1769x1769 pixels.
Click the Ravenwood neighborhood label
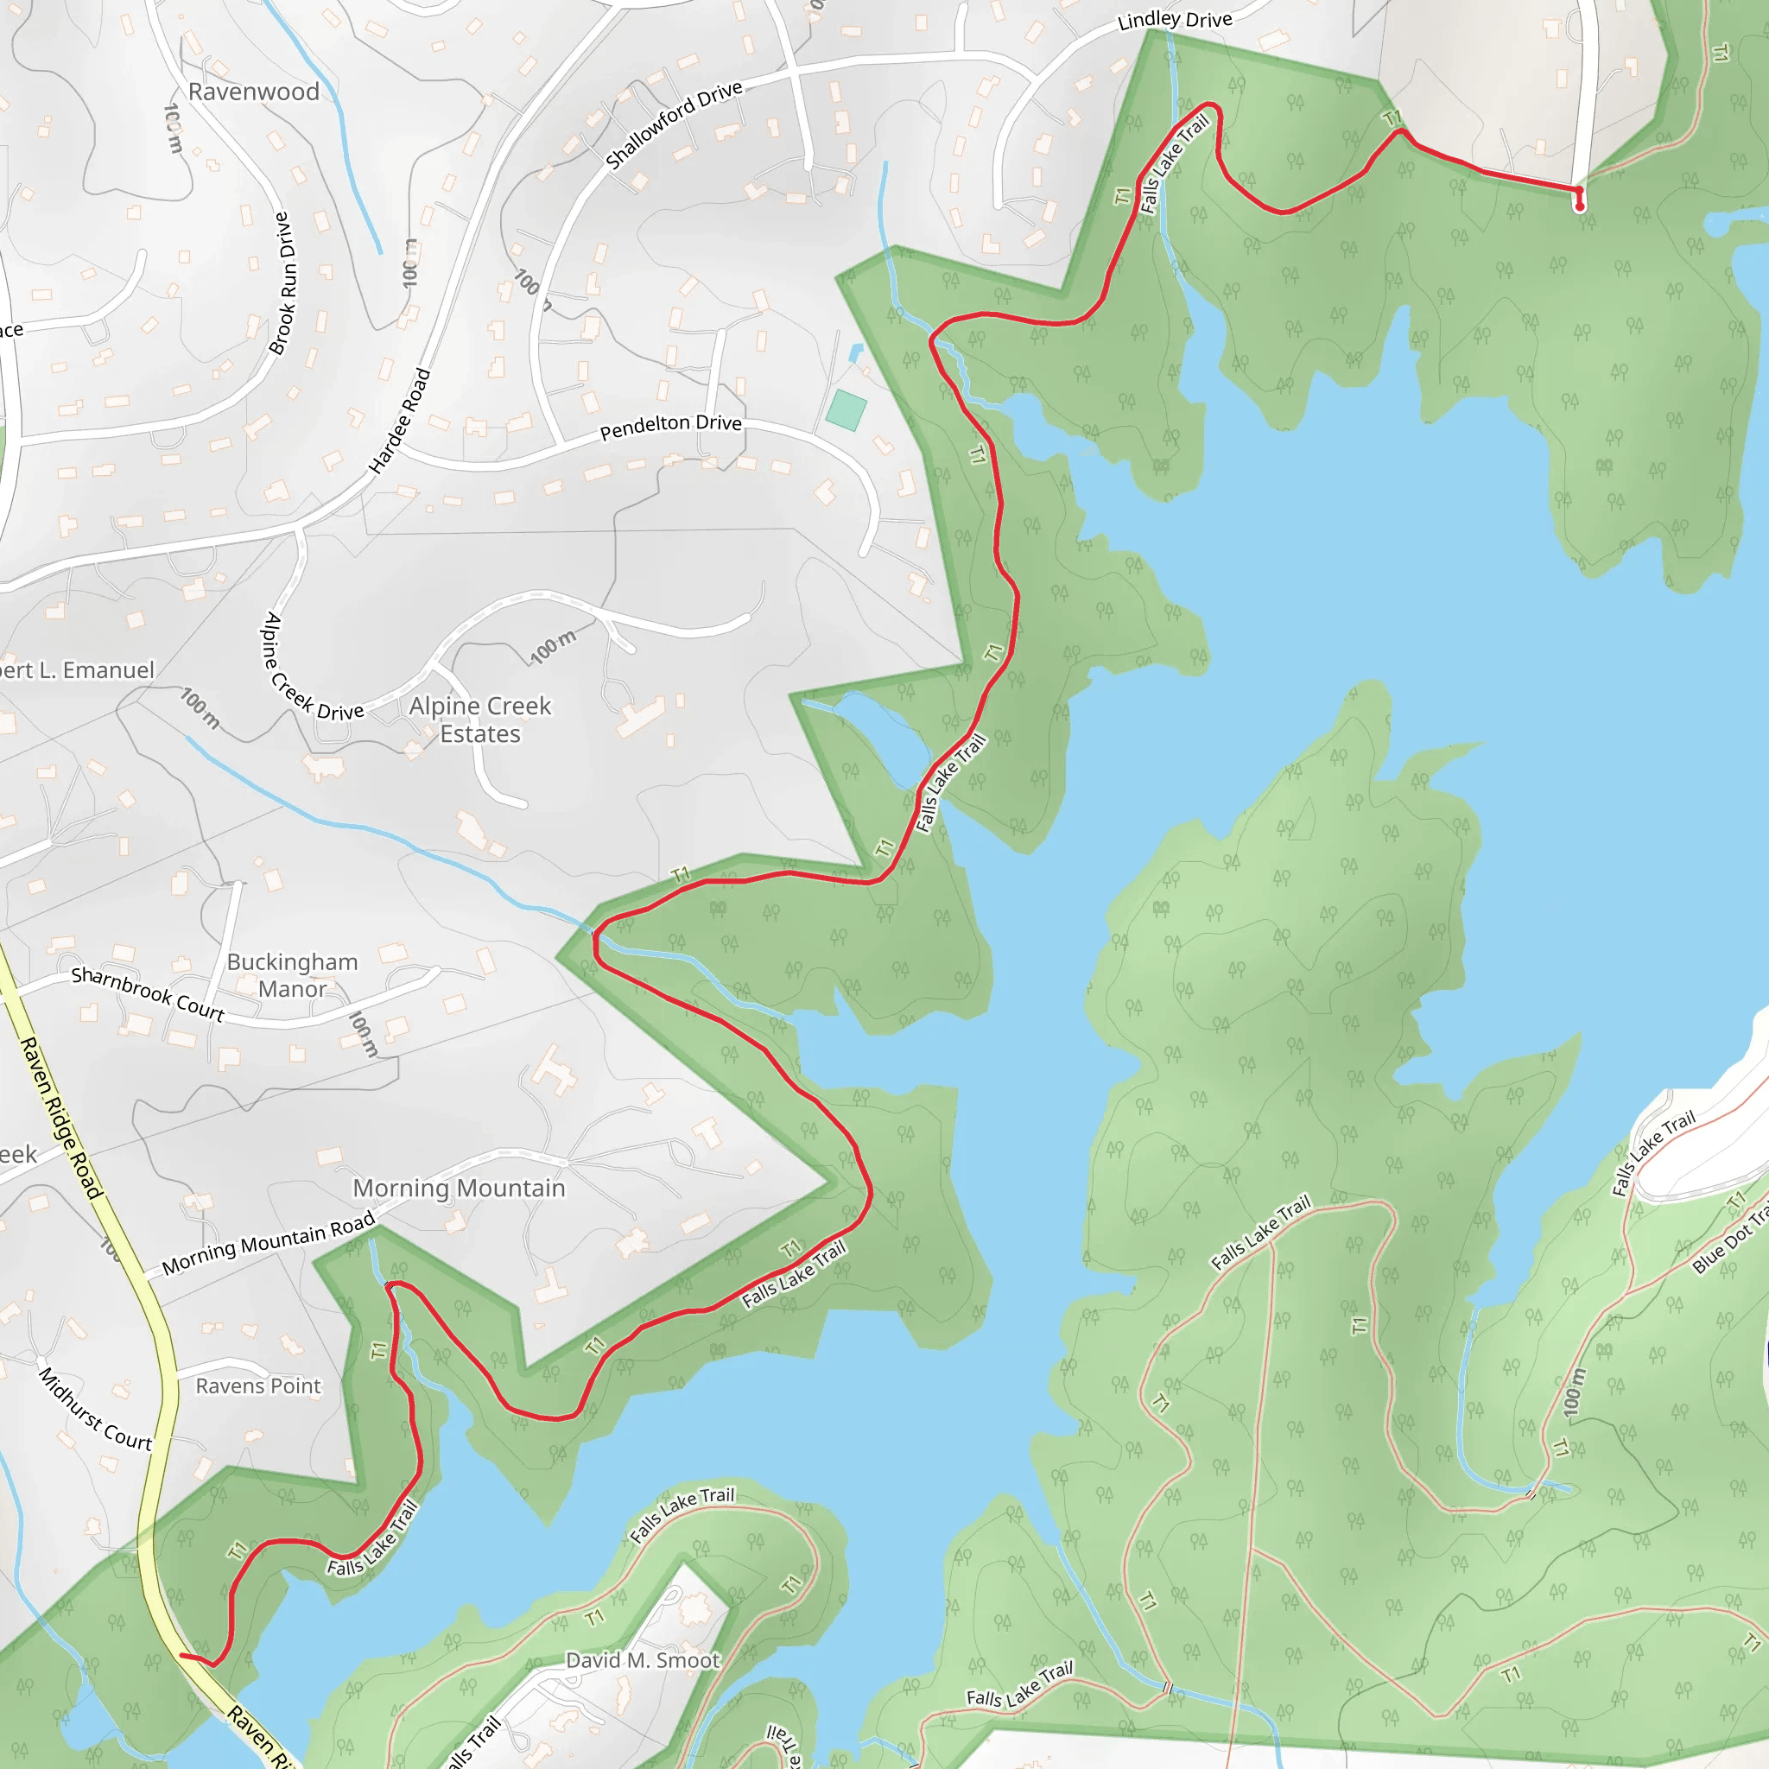pyautogui.click(x=254, y=92)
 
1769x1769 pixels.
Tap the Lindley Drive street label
pyautogui.click(x=1175, y=19)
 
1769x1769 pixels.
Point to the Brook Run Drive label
pyautogui.click(x=284, y=283)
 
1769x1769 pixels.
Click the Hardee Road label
pyautogui.click(x=399, y=422)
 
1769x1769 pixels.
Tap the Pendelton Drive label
pyautogui.click(x=670, y=426)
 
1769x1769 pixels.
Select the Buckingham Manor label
pyautogui.click(x=292, y=975)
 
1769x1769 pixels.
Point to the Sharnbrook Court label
pyautogui.click(x=148, y=993)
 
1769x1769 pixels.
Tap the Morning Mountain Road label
pyautogui.click(x=269, y=1242)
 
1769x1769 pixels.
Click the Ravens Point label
pyautogui.click(x=258, y=1386)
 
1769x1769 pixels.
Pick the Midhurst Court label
pyautogui.click(x=94, y=1410)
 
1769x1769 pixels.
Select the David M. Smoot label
pyautogui.click(x=643, y=1660)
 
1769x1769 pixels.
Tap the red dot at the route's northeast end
pyautogui.click(x=1580, y=206)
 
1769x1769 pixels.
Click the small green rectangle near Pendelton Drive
pyautogui.click(x=846, y=410)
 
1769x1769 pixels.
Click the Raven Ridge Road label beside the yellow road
pyautogui.click(x=60, y=1116)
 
